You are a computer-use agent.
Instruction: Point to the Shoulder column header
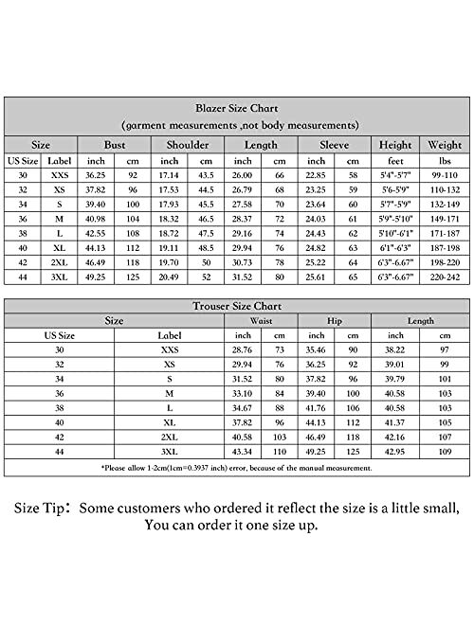point(188,145)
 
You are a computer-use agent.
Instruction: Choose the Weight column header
point(445,145)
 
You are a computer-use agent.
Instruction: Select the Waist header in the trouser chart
point(262,321)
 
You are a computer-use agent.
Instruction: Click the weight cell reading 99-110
point(445,175)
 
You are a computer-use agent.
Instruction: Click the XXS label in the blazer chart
point(58,175)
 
